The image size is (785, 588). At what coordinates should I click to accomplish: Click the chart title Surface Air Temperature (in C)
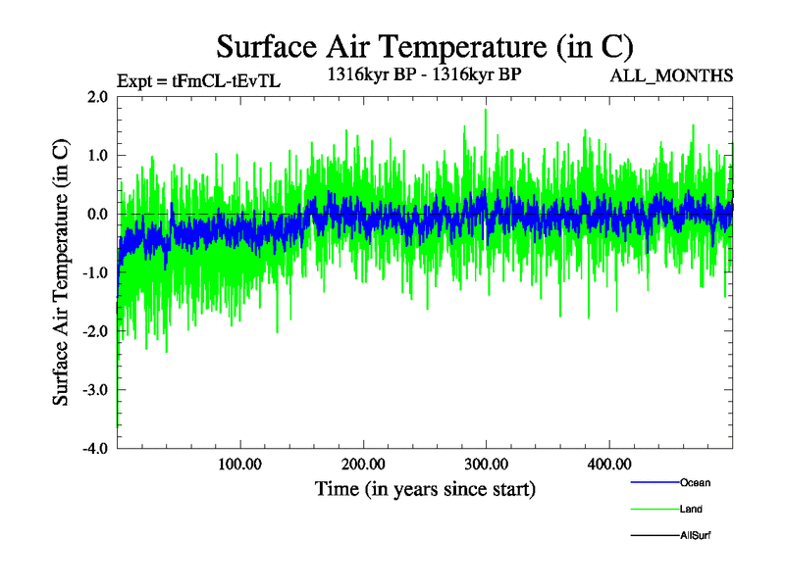pyautogui.click(x=424, y=46)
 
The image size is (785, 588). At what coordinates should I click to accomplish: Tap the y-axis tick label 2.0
pyautogui.click(x=96, y=97)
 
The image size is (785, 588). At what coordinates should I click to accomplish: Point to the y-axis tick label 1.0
pyautogui.click(x=96, y=156)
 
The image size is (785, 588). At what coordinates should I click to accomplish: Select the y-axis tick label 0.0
pyautogui.click(x=96, y=215)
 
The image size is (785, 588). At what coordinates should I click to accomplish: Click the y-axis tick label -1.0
pyautogui.click(x=94, y=273)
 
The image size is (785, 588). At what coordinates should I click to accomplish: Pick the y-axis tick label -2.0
pyautogui.click(x=94, y=331)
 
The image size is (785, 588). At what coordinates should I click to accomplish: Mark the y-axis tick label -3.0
pyautogui.click(x=94, y=390)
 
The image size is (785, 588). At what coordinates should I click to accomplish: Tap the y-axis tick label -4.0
pyautogui.click(x=94, y=449)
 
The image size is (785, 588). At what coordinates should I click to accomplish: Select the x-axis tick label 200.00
pyautogui.click(x=363, y=464)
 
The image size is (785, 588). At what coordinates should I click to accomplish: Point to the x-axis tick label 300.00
pyautogui.click(x=486, y=464)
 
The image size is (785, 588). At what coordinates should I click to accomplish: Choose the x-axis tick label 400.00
pyautogui.click(x=608, y=464)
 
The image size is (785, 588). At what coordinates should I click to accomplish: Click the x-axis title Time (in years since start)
pyautogui.click(x=425, y=488)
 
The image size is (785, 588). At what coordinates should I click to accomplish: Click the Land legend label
pyautogui.click(x=691, y=510)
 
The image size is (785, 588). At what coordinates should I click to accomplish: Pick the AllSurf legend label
pyautogui.click(x=695, y=536)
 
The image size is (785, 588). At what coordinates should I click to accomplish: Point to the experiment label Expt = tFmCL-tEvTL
pyautogui.click(x=198, y=81)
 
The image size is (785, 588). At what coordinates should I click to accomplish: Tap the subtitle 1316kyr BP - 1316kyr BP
pyautogui.click(x=422, y=73)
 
